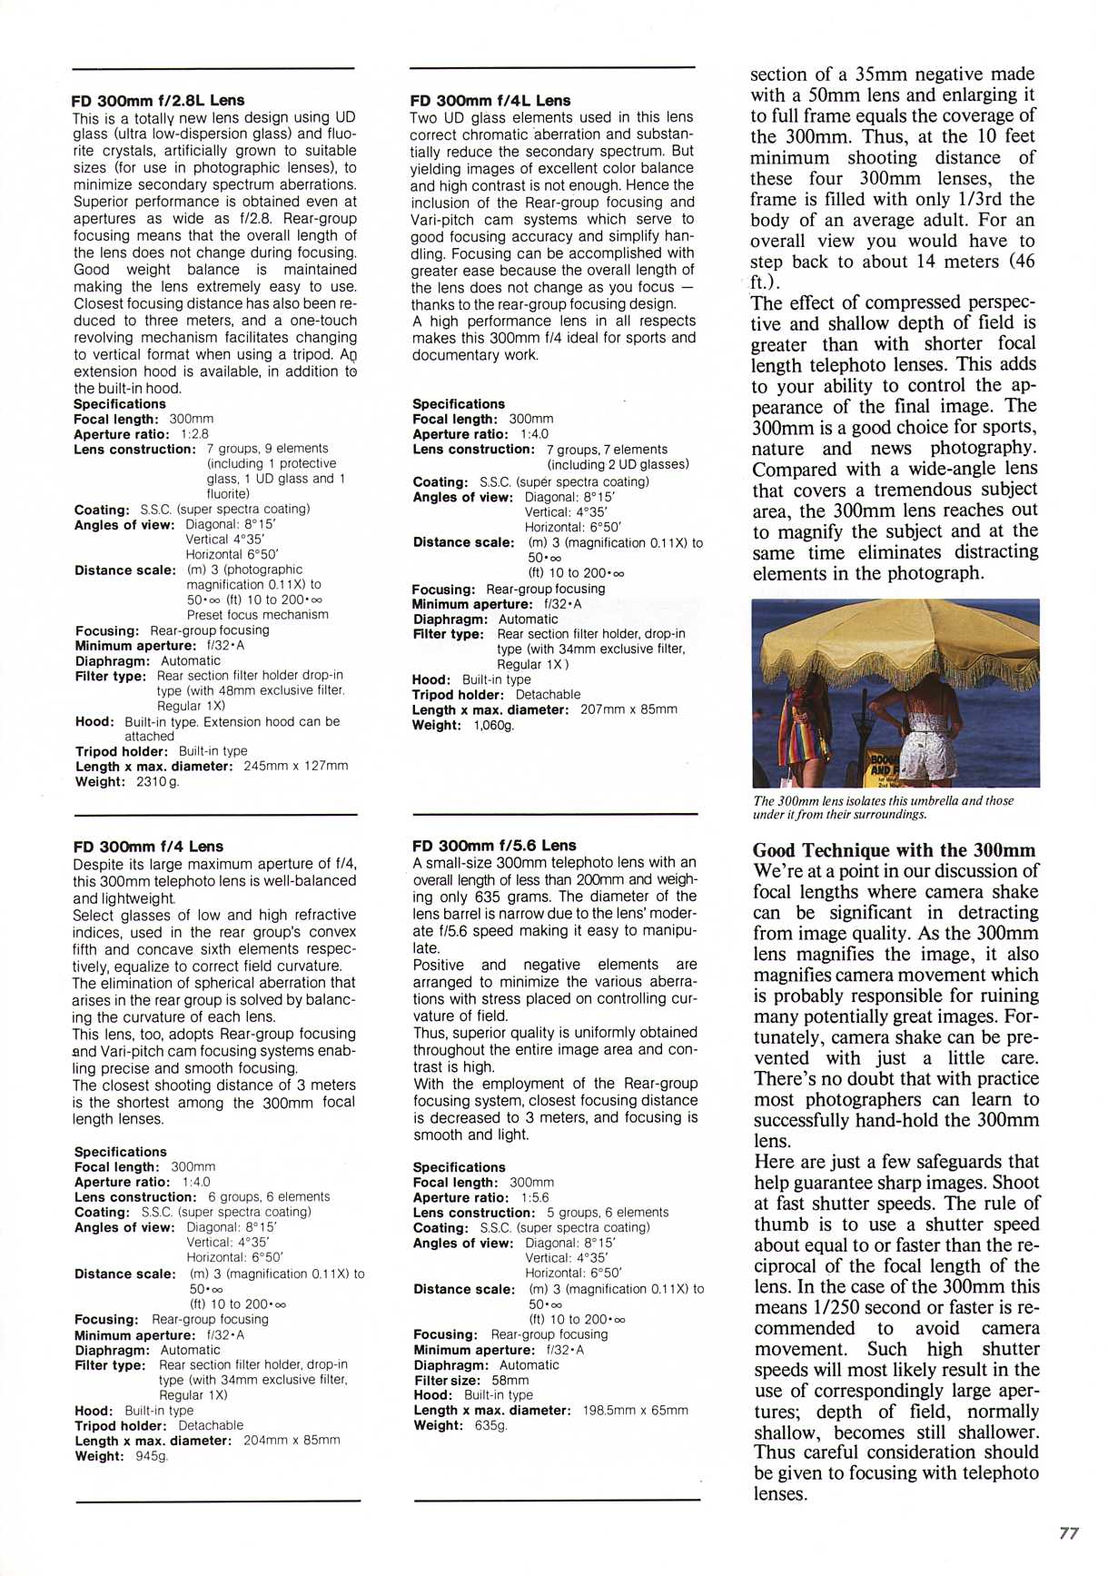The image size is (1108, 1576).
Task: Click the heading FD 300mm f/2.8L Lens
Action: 158,100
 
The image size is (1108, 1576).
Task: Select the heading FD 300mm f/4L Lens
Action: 490,100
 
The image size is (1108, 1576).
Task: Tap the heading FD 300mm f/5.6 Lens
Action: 494,845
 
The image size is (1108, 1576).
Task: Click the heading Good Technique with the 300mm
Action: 894,850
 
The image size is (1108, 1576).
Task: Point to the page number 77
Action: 1069,1533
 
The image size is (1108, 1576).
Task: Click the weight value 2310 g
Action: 157,781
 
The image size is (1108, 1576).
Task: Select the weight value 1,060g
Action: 493,725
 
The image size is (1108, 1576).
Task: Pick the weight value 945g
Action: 152,1456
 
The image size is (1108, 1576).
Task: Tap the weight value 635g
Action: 490,1425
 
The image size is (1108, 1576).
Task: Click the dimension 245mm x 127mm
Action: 296,766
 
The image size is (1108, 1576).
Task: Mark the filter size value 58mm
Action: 510,1380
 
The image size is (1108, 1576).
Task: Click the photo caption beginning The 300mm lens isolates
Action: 883,807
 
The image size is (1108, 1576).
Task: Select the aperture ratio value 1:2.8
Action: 194,434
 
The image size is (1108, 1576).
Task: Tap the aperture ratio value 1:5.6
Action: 535,1197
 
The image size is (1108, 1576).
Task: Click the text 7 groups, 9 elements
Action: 267,449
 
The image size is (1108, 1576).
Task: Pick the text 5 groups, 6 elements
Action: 607,1213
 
